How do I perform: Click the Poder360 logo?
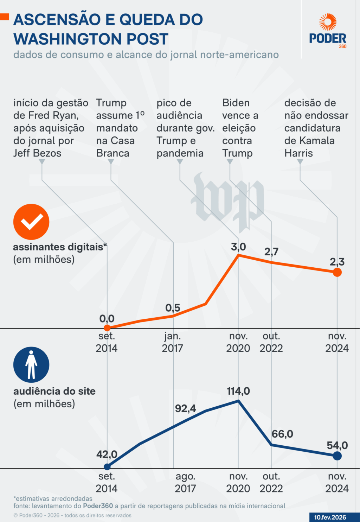(x=328, y=31)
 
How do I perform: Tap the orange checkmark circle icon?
(x=31, y=222)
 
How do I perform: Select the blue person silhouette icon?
(x=31, y=365)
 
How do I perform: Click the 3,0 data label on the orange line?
(x=238, y=247)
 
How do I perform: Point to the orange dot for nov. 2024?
(x=337, y=272)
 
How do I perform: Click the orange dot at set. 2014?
(x=107, y=328)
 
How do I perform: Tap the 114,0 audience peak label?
(x=238, y=391)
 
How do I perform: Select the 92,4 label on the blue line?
(x=186, y=408)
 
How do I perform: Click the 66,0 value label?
(x=282, y=434)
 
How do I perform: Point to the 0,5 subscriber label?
(x=173, y=308)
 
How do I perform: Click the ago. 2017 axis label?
(x=185, y=482)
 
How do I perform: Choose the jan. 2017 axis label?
(x=172, y=342)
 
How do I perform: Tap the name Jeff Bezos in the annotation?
(x=37, y=153)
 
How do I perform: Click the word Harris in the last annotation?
(x=298, y=153)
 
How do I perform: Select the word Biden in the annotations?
(x=236, y=103)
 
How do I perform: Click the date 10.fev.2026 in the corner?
(x=330, y=517)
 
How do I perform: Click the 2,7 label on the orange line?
(x=271, y=252)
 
